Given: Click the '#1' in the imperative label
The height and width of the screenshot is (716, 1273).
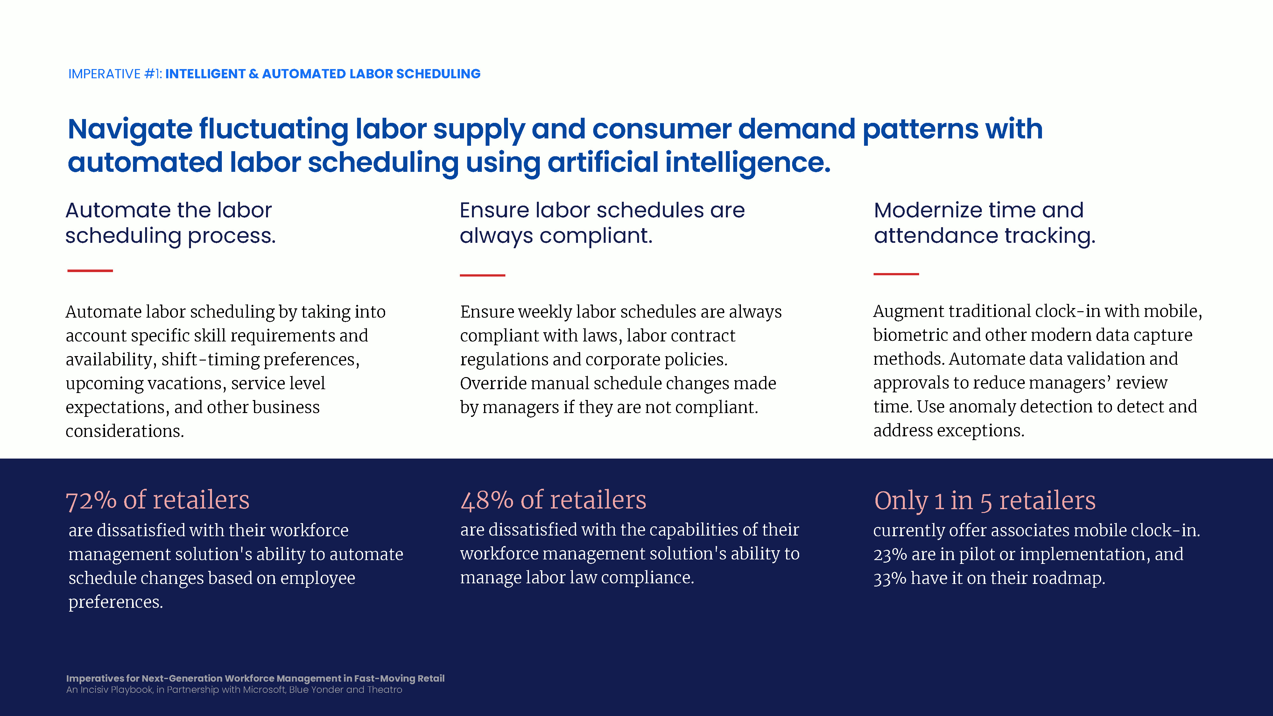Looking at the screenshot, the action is point(153,74).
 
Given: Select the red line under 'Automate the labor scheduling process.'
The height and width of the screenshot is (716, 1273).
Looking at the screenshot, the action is point(90,271).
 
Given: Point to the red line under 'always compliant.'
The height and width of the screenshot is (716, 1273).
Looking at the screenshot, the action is point(482,275).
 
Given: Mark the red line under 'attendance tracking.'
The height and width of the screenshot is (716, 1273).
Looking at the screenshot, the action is point(896,274).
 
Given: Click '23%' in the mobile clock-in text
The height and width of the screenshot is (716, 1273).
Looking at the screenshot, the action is point(890,554).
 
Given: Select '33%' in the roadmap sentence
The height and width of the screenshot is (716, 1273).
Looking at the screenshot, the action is point(890,578).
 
